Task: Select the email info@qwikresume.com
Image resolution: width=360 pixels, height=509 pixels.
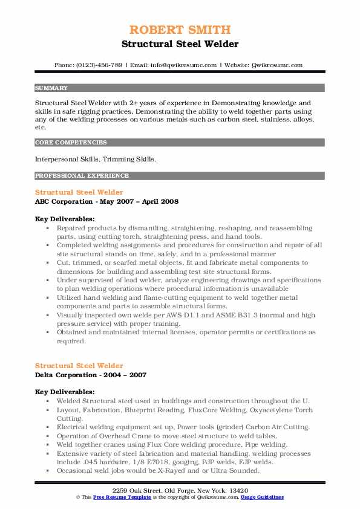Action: coord(176,65)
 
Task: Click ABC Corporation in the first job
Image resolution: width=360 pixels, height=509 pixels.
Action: coord(63,201)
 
